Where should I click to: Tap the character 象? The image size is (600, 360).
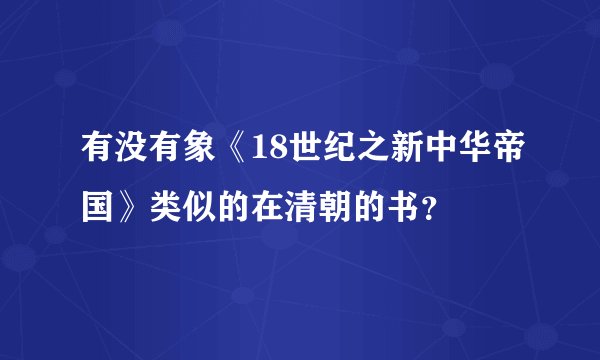pos(183,152)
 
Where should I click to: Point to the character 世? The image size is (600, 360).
pos(303,152)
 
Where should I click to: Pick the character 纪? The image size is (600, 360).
pos(336,152)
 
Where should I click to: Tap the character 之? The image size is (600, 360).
pos(369,152)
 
